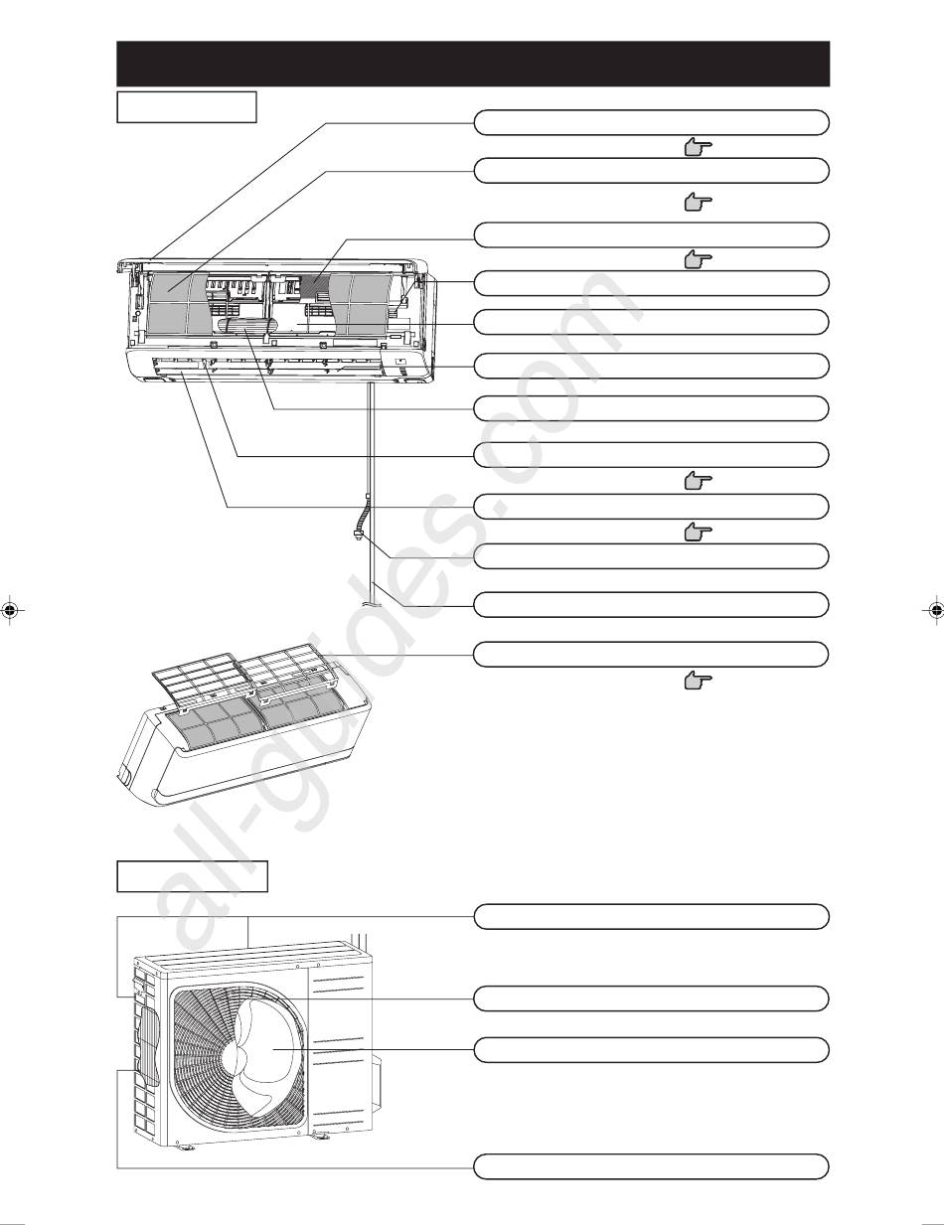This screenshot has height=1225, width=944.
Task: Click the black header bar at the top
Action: click(473, 64)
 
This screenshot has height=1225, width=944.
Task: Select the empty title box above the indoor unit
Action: click(187, 107)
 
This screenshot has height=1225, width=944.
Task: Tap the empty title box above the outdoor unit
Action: click(192, 876)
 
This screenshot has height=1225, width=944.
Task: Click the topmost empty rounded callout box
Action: click(651, 123)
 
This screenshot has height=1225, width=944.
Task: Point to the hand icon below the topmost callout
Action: click(698, 148)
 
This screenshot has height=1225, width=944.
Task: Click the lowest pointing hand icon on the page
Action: click(698, 681)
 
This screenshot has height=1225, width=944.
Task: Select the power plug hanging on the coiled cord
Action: click(356, 534)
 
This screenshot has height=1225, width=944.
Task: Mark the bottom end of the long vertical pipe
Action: click(372, 604)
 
